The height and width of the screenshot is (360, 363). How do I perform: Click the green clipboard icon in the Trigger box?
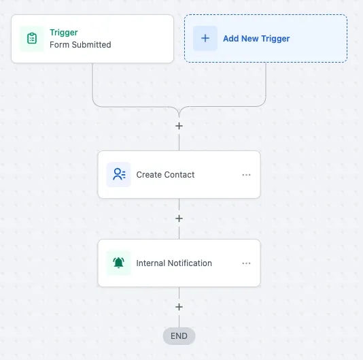tap(32, 38)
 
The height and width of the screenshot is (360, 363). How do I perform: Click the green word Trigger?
tap(64, 33)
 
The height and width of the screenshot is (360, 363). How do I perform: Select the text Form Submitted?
tap(80, 45)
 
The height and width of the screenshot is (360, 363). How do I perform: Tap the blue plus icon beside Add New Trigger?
tap(205, 38)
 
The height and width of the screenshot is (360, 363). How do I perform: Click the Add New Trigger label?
tap(256, 39)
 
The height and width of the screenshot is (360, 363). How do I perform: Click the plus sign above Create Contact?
tap(179, 126)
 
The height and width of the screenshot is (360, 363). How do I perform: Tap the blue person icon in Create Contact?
tap(119, 174)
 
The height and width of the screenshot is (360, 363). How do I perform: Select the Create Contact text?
tap(165, 174)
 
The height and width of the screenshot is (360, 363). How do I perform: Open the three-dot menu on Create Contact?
tap(246, 175)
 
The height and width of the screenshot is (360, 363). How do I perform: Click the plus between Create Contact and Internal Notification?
tap(179, 218)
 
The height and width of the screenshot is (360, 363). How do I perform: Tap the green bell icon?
tap(118, 263)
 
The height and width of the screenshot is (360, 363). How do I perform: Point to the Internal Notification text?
tap(174, 263)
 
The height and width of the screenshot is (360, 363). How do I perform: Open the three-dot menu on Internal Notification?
tap(246, 263)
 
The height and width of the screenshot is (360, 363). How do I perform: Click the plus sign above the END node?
tap(179, 307)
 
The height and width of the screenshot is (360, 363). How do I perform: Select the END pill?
tap(179, 336)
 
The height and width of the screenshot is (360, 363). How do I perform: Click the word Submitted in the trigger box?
tap(92, 45)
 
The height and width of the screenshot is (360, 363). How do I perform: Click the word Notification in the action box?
tap(190, 263)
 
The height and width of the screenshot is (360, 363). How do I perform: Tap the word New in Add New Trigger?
tap(249, 39)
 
